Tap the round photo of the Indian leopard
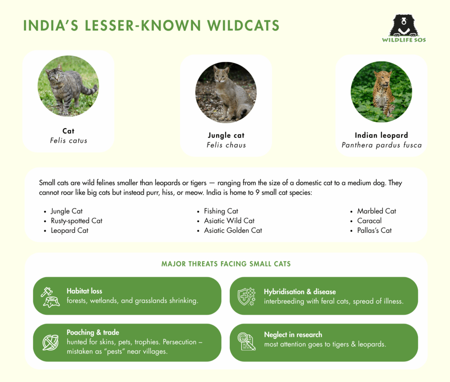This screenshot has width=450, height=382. click(381, 92)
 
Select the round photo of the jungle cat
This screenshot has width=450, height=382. click(226, 92)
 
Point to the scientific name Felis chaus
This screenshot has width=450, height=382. click(226, 145)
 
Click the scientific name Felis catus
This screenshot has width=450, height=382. click(69, 141)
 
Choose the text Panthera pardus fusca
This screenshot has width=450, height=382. click(381, 145)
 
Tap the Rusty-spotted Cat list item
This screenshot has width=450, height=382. click(76, 221)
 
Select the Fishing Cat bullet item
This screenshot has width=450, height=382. click(221, 211)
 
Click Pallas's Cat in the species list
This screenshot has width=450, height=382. click(374, 231)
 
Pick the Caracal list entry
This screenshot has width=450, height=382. click(369, 221)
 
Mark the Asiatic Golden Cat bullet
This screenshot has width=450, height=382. click(233, 231)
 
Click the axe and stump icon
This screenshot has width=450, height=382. click(50, 296)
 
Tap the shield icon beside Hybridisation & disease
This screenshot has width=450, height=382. click(247, 296)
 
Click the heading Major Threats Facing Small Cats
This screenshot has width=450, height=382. click(226, 264)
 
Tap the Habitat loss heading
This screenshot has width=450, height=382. click(84, 291)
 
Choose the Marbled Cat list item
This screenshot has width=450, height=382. click(377, 211)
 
